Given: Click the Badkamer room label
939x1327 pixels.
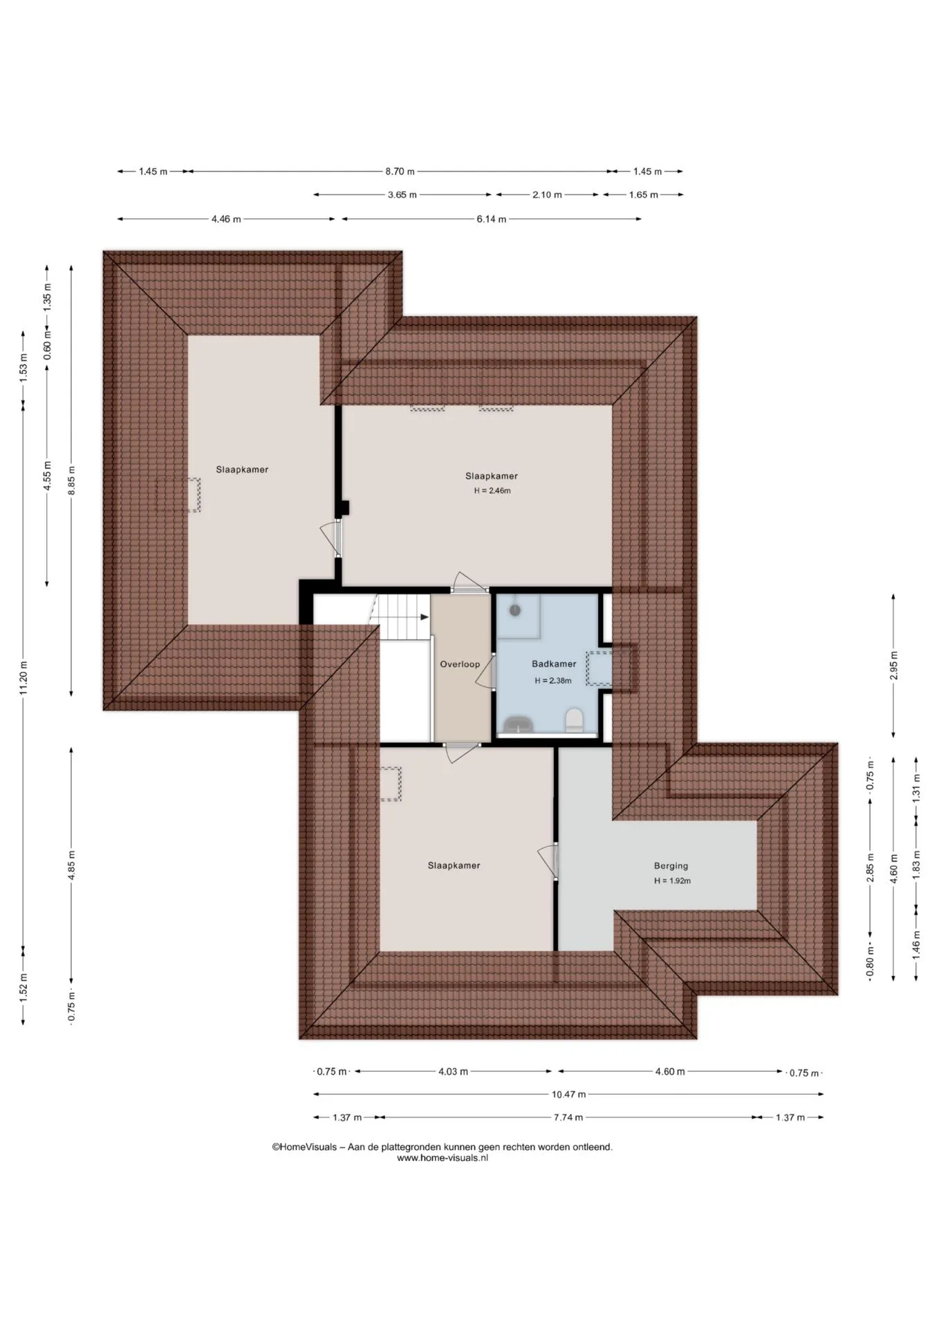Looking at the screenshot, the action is [x=554, y=664].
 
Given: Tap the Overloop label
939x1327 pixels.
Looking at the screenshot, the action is [x=460, y=664].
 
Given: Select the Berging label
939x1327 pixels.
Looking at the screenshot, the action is [x=671, y=865].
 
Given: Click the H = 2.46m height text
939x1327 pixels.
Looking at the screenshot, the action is [x=492, y=491].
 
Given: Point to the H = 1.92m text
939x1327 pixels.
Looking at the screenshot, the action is [x=672, y=881].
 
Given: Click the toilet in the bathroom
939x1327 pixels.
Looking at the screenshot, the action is [x=574, y=720].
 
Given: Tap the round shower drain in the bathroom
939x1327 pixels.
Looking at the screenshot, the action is [x=514, y=610].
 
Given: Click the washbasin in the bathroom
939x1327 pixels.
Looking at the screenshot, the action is [x=518, y=724].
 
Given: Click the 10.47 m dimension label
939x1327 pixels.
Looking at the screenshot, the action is [x=568, y=1094].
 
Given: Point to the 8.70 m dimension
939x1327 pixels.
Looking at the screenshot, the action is [x=400, y=171].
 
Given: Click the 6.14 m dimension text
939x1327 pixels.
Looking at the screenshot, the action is [x=491, y=219].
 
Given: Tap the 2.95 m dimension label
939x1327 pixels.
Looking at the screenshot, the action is [x=893, y=666].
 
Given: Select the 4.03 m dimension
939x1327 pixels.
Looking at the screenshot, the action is [x=453, y=1071].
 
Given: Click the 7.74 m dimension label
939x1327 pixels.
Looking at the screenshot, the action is [x=568, y=1117].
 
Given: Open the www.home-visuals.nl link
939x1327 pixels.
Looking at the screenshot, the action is [x=443, y=1158].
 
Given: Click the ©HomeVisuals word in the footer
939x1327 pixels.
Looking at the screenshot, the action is [x=304, y=1147].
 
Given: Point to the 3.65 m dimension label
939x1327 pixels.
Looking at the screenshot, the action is [x=402, y=195].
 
